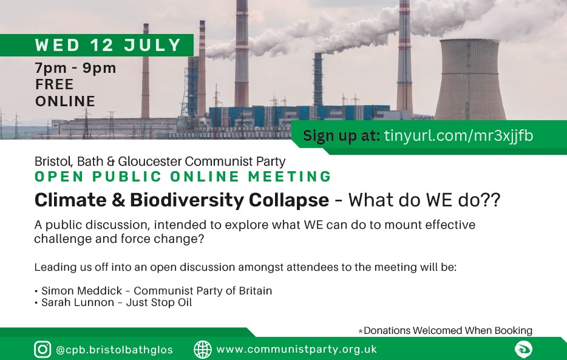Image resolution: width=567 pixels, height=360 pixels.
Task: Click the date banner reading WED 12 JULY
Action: click(x=97, y=45)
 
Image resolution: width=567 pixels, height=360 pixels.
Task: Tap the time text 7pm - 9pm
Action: click(x=75, y=68)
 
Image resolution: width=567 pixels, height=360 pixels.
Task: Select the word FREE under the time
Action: click(x=54, y=84)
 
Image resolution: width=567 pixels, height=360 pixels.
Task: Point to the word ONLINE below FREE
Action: click(x=65, y=101)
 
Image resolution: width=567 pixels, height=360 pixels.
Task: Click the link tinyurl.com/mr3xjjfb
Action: click(x=458, y=136)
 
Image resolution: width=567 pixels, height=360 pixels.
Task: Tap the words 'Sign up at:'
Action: click(x=341, y=136)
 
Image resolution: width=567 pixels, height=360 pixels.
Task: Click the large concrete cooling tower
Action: click(x=470, y=80)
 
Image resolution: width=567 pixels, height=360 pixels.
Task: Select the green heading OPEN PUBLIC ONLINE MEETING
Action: click(x=183, y=177)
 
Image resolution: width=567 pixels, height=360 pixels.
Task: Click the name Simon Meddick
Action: click(x=82, y=291)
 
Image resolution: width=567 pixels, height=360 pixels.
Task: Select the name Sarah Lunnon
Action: click(x=78, y=302)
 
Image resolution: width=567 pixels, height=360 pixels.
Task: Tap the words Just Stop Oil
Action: click(x=158, y=302)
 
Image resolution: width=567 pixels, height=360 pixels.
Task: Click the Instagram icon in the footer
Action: click(x=42, y=350)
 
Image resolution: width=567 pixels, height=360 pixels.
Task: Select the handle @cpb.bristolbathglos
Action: click(x=114, y=350)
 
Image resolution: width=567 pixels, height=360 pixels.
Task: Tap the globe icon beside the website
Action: click(x=203, y=350)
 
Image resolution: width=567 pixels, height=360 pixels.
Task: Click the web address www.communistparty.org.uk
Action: click(x=296, y=349)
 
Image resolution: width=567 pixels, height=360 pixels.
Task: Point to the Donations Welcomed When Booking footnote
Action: click(x=445, y=330)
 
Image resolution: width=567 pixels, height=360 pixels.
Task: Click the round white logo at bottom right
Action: click(x=523, y=349)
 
